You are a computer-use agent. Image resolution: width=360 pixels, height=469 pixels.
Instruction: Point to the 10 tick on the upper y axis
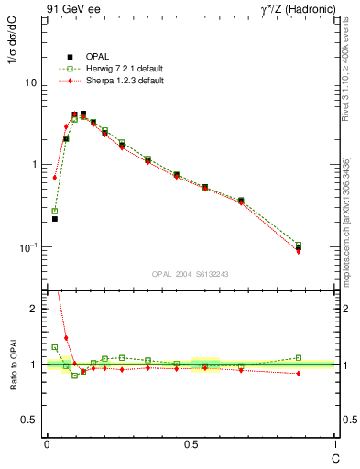point(30,82)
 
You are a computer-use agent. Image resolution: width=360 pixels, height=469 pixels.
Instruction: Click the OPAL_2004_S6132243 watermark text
point(190,274)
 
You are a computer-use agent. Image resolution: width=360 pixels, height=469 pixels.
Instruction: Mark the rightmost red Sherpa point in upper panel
point(299,251)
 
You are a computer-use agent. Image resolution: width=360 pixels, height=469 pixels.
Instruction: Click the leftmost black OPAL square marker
point(55,219)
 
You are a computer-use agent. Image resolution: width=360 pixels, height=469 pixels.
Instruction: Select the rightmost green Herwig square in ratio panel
point(299,357)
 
